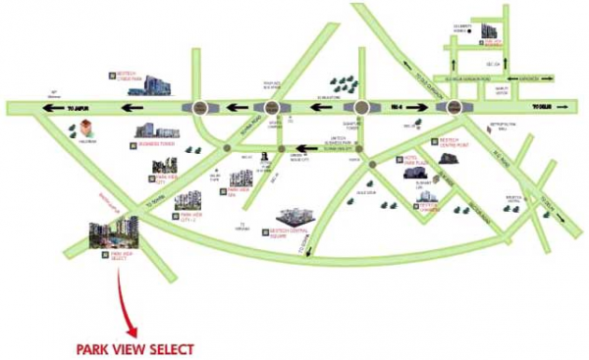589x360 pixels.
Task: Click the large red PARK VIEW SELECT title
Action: [x=135, y=348]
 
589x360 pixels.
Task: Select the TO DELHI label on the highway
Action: [x=545, y=107]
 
